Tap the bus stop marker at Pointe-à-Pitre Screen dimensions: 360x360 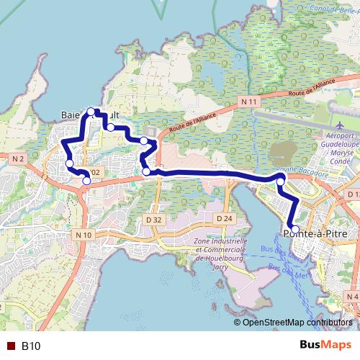point(295,229)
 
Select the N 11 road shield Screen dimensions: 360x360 point(249,102)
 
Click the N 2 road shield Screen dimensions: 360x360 point(19,158)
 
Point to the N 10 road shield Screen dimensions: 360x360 point(84,235)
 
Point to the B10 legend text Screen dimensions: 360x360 point(31,346)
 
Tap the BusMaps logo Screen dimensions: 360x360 point(325,345)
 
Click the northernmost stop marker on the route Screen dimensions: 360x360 point(91,112)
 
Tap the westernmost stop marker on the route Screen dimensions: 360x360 point(70,163)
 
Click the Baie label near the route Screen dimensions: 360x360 point(73,114)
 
